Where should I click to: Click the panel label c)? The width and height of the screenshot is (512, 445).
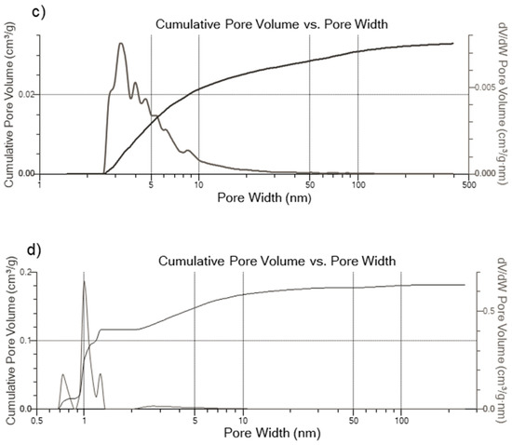[x=13, y=8]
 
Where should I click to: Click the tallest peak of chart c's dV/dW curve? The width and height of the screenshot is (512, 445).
[x=121, y=43]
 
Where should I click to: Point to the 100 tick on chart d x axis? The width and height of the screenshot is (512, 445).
[x=401, y=421]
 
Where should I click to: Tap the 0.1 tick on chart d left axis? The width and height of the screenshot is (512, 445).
[x=29, y=341]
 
